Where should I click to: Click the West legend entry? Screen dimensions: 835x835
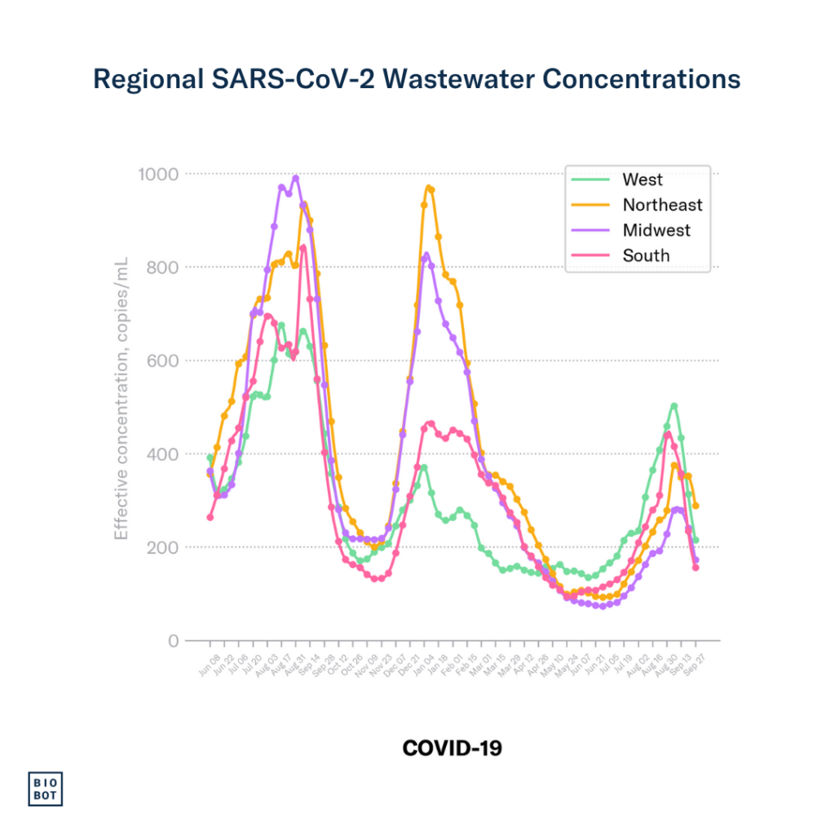643,179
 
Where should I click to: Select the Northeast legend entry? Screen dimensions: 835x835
661,205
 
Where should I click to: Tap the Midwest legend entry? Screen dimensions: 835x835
656,230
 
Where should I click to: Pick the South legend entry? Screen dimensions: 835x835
646,255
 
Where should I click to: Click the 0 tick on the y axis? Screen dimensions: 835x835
173,641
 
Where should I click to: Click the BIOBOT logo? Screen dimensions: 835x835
46,788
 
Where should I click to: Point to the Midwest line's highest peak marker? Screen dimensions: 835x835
295,178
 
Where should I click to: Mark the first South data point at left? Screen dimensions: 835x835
210,517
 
